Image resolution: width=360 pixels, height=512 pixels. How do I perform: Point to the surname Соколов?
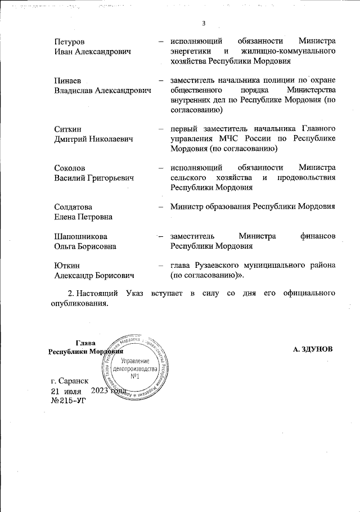click(x=70, y=168)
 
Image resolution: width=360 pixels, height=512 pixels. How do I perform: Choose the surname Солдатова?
click(x=73, y=207)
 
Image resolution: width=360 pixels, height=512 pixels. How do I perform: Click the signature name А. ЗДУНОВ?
click(x=313, y=349)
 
